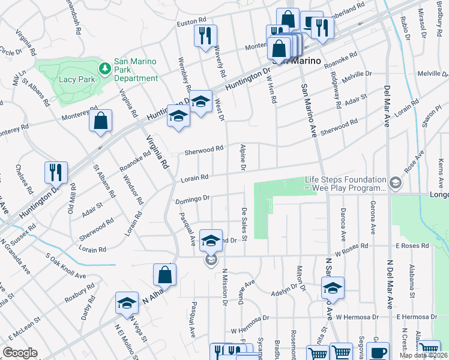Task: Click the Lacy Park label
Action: click(x=74, y=79)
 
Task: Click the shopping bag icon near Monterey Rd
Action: click(x=101, y=121)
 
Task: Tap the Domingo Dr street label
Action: click(x=192, y=199)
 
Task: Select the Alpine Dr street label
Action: click(x=243, y=157)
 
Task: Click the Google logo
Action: click(x=20, y=353)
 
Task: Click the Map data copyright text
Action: click(x=423, y=355)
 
